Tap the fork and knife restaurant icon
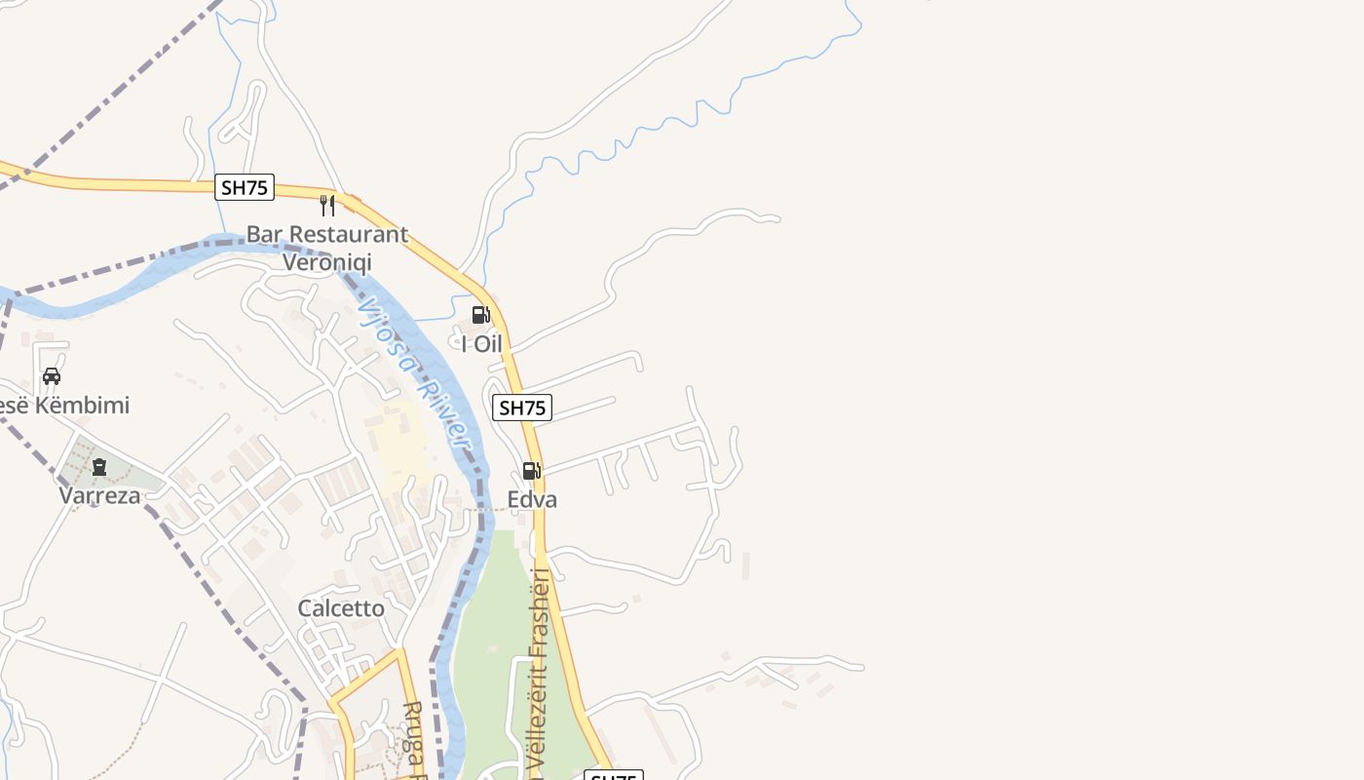coord(327,206)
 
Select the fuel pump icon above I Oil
coord(480,315)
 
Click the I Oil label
coord(481,344)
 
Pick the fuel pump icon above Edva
coord(531,471)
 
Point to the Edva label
coord(532,500)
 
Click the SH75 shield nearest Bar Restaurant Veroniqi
coord(245,187)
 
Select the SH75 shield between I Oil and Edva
coord(522,408)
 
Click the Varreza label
coord(99,495)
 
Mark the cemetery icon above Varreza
coord(98,467)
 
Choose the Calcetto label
coord(341,608)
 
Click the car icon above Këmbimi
coord(52,376)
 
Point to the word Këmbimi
coord(82,406)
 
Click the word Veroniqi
coord(327,262)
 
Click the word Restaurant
coord(345,235)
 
